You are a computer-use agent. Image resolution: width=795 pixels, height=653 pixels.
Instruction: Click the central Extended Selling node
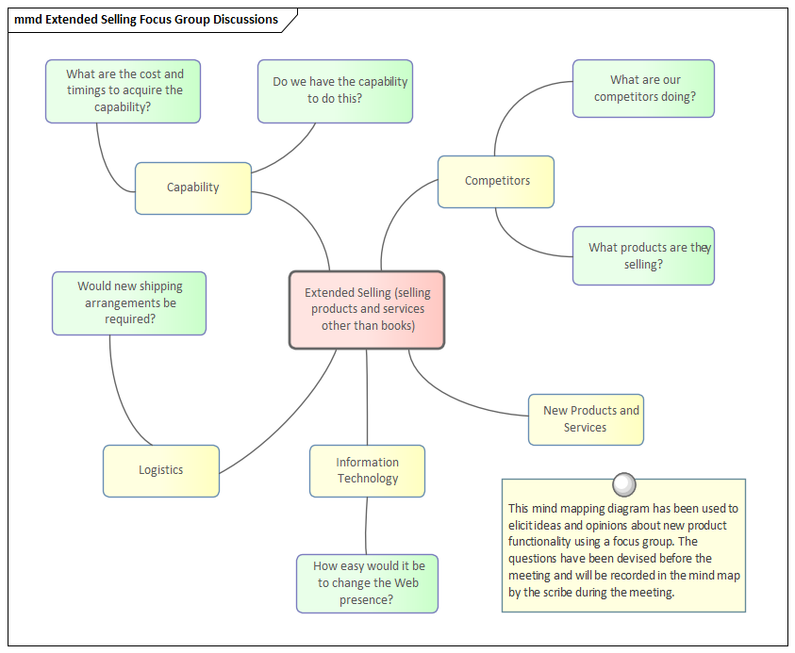tap(366, 310)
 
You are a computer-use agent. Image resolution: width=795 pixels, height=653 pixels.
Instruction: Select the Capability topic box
tap(192, 188)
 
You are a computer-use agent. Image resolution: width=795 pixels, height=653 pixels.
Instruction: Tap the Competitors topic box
tap(496, 181)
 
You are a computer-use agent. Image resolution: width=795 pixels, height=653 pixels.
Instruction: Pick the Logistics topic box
tap(160, 470)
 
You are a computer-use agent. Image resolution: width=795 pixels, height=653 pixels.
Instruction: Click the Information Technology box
tap(367, 470)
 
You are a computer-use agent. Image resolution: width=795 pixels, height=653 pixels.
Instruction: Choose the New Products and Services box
tap(586, 419)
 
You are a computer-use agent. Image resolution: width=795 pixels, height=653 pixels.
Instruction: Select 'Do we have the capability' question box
tap(336, 90)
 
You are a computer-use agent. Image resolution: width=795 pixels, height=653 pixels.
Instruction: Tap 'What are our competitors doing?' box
tap(643, 89)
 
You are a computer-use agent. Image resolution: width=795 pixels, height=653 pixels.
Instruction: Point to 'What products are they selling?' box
tap(643, 255)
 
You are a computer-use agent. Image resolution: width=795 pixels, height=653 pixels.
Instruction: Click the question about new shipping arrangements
tap(129, 302)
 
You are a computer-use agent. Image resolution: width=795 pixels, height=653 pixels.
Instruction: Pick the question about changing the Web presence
tap(367, 583)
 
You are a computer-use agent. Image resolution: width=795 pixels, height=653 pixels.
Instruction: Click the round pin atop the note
tap(623, 484)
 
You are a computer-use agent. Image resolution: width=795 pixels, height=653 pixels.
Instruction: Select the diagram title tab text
tap(146, 20)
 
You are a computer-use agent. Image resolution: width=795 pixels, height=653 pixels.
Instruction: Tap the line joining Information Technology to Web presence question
tap(366, 526)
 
